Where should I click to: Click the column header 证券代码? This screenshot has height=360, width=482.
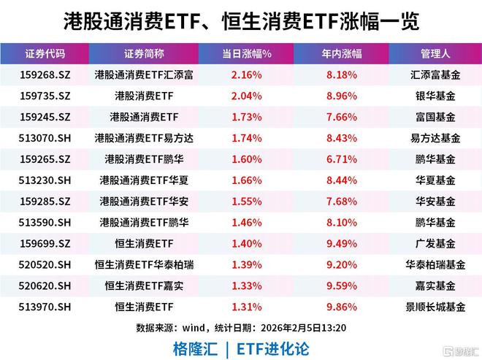pos(45,53)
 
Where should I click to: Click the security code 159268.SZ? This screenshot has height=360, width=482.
pos(45,74)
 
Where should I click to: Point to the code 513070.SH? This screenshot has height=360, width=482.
pos(45,137)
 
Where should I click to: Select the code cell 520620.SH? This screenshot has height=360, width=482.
pos(45,286)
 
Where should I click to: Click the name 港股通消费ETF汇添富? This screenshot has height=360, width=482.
pos(144,74)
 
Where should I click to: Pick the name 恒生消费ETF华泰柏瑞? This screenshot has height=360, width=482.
pos(144,264)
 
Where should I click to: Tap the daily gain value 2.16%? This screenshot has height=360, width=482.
pos(246,74)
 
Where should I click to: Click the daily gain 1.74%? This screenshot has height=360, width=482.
pos(246,137)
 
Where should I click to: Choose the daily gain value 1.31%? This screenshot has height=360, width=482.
pos(246,307)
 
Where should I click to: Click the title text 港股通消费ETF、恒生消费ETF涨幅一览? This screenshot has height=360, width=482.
pos(240,20)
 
